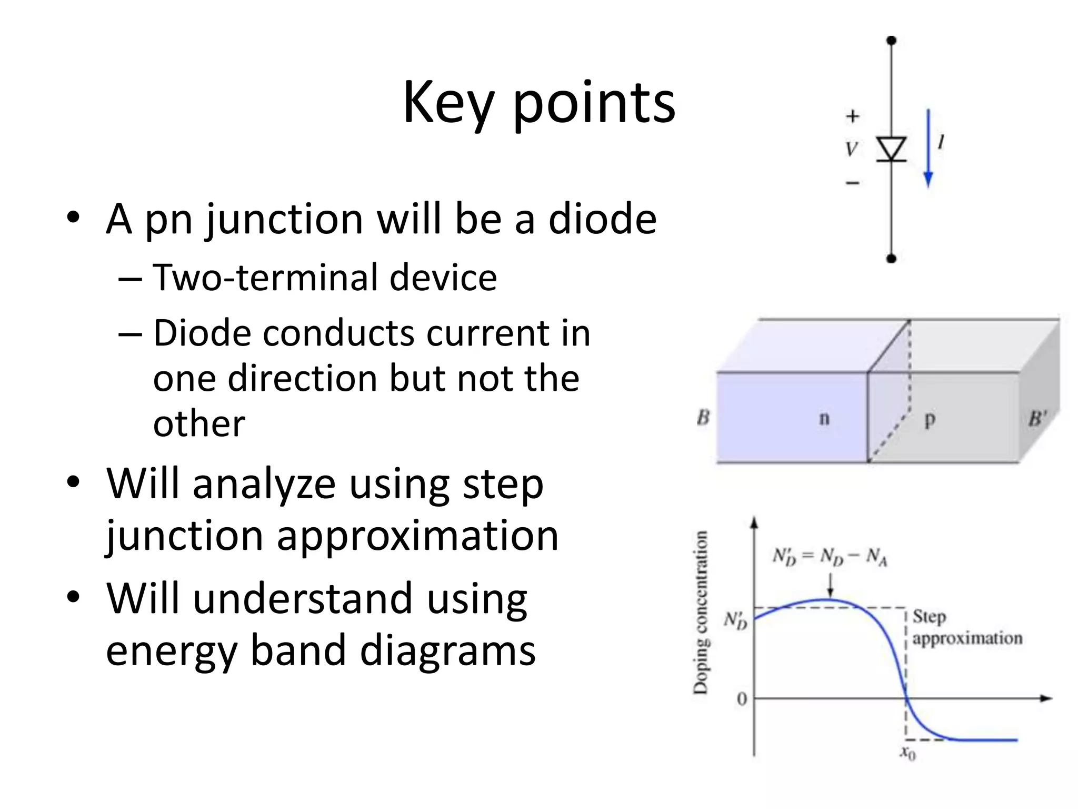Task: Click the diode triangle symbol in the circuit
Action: click(x=891, y=149)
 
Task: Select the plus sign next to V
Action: click(x=852, y=116)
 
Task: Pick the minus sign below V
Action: click(x=852, y=183)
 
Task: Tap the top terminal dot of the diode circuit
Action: click(x=891, y=41)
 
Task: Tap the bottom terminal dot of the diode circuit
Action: click(x=891, y=258)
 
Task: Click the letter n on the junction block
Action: click(x=824, y=418)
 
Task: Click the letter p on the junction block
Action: click(x=930, y=419)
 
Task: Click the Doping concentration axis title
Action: click(x=701, y=613)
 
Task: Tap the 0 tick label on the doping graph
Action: click(x=742, y=699)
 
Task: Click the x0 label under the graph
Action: click(x=907, y=753)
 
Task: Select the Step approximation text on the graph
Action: click(x=966, y=627)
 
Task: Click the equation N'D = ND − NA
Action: click(x=830, y=556)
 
